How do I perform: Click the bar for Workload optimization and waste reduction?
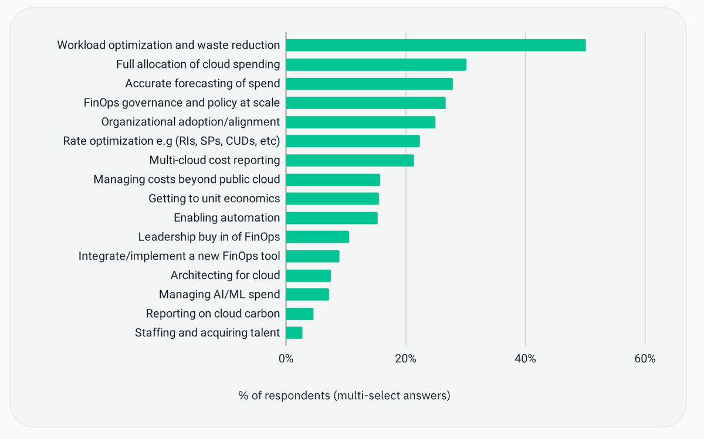click(x=436, y=45)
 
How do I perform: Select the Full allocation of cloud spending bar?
click(x=376, y=64)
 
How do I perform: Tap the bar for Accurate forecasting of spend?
click(x=370, y=84)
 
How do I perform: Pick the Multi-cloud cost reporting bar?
click(x=350, y=161)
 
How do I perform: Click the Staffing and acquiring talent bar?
click(x=294, y=333)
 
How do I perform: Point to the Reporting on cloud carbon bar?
click(x=300, y=314)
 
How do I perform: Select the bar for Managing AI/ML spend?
click(x=307, y=295)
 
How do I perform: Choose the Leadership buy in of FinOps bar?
click(x=318, y=237)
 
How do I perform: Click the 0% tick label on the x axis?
click(x=286, y=359)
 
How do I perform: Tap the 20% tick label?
click(x=405, y=359)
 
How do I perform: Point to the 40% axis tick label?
click(x=525, y=359)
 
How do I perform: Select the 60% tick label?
click(x=645, y=359)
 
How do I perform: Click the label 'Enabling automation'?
click(x=226, y=217)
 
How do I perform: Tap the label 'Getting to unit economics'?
click(x=214, y=199)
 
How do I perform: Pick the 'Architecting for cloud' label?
click(x=225, y=275)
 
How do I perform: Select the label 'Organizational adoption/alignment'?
click(x=191, y=122)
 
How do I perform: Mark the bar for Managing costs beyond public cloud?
click(x=333, y=179)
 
